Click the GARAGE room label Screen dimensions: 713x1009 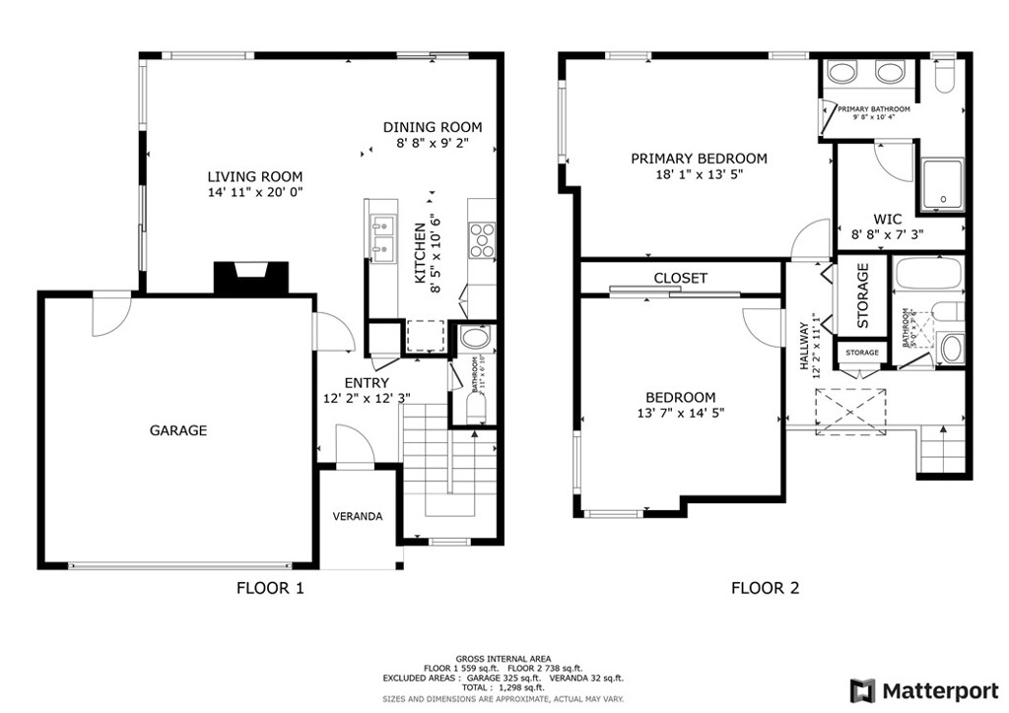(x=178, y=430)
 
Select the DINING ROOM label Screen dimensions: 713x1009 (x=433, y=127)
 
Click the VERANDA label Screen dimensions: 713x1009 (x=357, y=516)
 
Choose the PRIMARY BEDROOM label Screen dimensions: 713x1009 (x=699, y=159)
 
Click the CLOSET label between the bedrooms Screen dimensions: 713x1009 (x=681, y=279)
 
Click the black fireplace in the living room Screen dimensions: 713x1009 (x=251, y=278)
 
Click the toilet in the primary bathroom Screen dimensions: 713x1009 (x=943, y=77)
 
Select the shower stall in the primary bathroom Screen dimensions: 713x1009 (x=943, y=187)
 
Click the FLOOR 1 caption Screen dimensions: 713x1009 (x=270, y=589)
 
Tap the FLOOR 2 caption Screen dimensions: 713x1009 (x=765, y=589)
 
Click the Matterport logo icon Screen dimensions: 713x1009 (x=864, y=690)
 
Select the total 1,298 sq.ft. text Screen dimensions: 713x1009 (x=504, y=688)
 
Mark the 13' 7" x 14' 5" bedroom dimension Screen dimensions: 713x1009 (x=682, y=414)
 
